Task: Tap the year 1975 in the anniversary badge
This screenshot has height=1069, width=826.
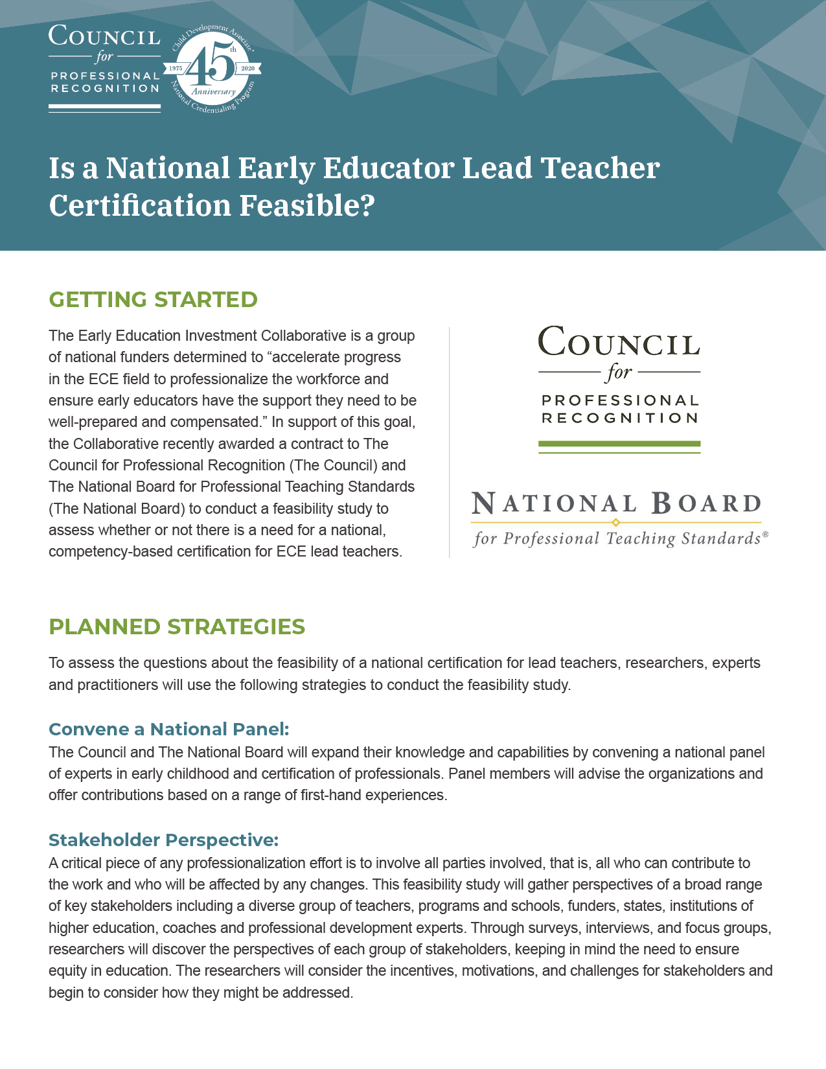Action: (176, 68)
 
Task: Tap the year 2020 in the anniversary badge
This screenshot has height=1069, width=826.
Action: (247, 68)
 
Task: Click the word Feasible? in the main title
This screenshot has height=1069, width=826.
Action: (307, 205)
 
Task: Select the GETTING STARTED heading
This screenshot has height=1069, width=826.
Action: (153, 299)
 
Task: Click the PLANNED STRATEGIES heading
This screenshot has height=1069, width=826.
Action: (177, 626)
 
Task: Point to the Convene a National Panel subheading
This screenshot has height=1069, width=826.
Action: (168, 729)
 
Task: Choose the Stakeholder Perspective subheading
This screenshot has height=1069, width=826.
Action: (163, 840)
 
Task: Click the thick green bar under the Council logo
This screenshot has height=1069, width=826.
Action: (619, 444)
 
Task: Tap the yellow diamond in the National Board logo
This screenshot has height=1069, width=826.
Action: (616, 522)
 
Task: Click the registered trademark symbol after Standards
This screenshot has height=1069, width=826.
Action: (765, 534)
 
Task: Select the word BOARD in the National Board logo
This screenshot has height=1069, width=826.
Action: (706, 503)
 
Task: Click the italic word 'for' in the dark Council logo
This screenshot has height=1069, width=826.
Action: (619, 373)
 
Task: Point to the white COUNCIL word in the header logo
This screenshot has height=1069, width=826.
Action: (104, 36)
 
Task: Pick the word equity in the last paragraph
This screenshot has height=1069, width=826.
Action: (67, 971)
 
